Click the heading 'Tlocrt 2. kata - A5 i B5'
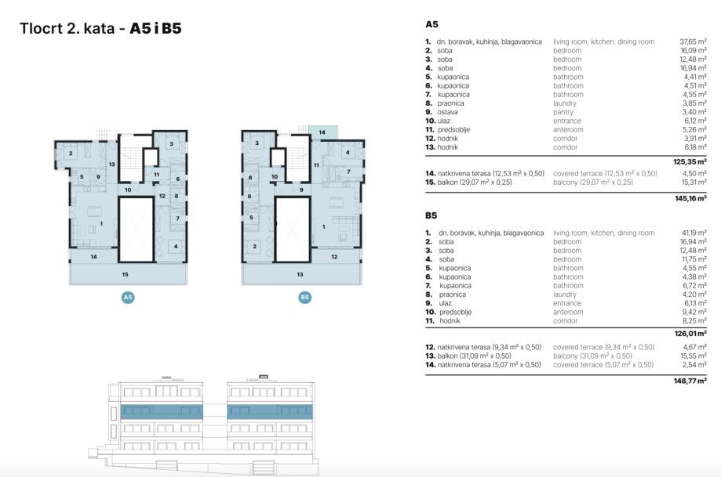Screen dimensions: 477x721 pos(100,29)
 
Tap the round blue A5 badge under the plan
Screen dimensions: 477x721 pos(127,298)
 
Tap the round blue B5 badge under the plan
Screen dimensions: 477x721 pos(304,298)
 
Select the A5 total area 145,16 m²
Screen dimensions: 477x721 pos(691,199)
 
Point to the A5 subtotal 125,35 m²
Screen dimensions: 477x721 pos(691,161)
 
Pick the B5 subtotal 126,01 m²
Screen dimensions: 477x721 pos(691,333)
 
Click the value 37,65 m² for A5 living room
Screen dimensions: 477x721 pos(694,42)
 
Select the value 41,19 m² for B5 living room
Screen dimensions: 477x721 pos(694,233)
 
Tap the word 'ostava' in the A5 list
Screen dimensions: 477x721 pos(447,112)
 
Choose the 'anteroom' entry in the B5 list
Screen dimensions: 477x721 pos(568,312)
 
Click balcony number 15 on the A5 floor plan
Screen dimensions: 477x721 pos(126,274)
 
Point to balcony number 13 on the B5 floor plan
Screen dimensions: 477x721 pos(300,274)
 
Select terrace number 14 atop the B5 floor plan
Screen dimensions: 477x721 pos(322,133)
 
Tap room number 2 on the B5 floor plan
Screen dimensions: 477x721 pos(254,247)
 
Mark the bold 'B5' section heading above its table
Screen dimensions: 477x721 pos(432,215)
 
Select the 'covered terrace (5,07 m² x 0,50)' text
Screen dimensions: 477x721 pos(603,364)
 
